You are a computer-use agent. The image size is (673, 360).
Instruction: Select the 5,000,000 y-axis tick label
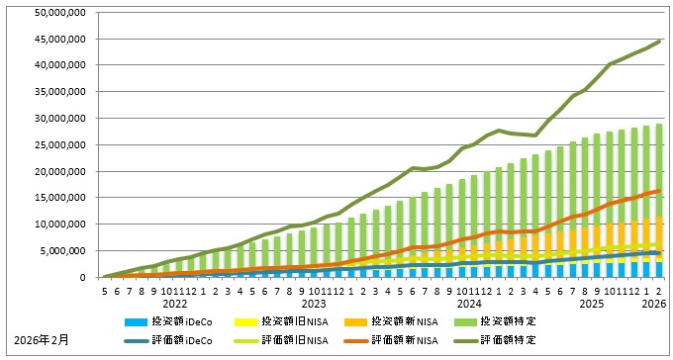point(61,250)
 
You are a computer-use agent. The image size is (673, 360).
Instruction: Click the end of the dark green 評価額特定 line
point(660,41)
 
